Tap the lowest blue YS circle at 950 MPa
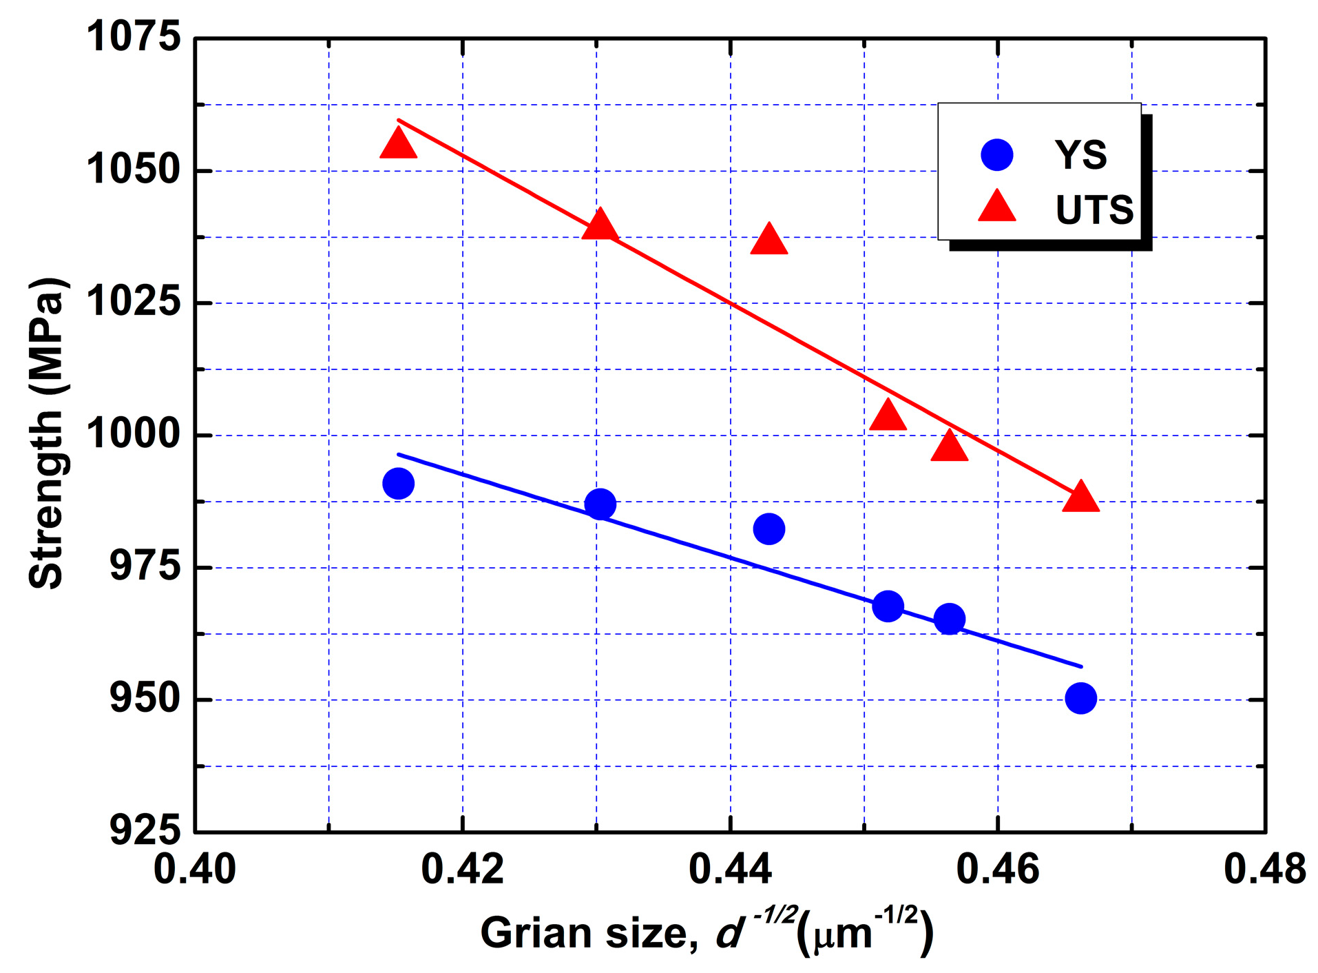click(x=1080, y=698)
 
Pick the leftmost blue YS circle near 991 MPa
click(x=398, y=483)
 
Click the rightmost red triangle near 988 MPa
click(x=1080, y=498)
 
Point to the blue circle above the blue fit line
click(x=768, y=529)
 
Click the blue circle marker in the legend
click(x=996, y=154)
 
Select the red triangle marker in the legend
click(x=996, y=207)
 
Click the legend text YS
click(x=1080, y=155)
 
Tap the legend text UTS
click(x=1094, y=210)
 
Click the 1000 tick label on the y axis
click(x=133, y=435)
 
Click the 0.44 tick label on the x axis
click(x=730, y=869)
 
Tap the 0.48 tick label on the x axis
click(x=1264, y=869)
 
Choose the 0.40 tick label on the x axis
click(x=195, y=869)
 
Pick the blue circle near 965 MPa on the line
click(x=949, y=618)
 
